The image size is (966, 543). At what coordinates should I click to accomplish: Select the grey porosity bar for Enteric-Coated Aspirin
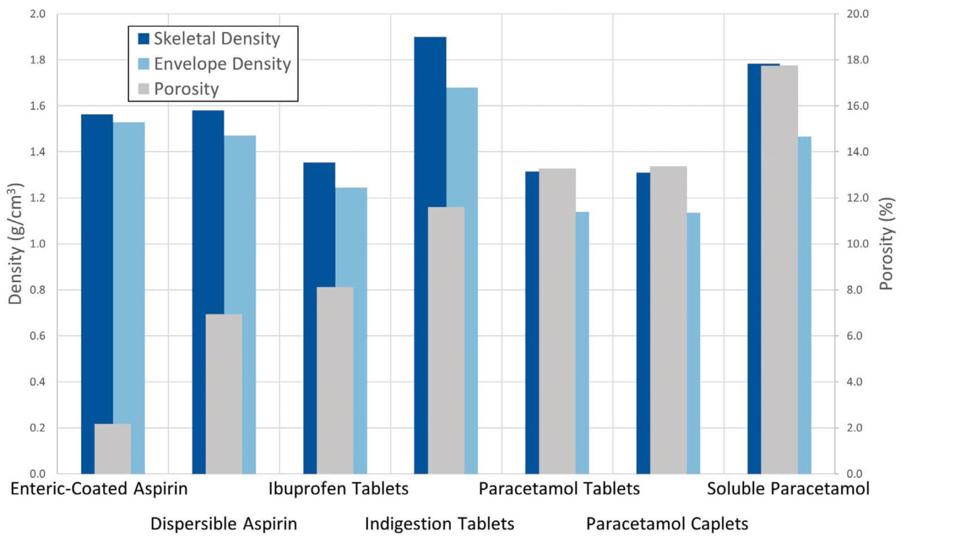tap(113, 449)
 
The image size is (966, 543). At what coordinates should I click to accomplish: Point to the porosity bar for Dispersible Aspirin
tap(224, 393)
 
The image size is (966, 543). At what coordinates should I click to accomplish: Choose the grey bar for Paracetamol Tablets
tap(557, 321)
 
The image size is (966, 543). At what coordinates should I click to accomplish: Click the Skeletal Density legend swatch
tap(143, 39)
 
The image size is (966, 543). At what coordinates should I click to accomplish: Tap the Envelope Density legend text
tap(222, 64)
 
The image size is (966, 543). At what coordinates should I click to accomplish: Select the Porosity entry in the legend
tap(186, 89)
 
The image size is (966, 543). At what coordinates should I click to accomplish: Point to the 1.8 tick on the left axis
tap(38, 60)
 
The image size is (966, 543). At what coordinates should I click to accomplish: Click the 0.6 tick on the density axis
tap(38, 336)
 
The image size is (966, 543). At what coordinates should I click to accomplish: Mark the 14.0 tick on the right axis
tap(857, 151)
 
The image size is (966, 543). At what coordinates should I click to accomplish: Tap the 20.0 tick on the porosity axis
tap(857, 14)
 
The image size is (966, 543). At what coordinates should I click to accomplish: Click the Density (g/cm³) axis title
tap(15, 244)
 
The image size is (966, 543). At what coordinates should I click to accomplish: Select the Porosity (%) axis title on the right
tap(887, 244)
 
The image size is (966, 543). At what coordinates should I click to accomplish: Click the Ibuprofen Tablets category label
tap(338, 489)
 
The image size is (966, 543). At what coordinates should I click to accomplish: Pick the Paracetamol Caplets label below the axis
tap(667, 524)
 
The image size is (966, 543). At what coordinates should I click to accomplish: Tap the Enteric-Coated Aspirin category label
tap(99, 489)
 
